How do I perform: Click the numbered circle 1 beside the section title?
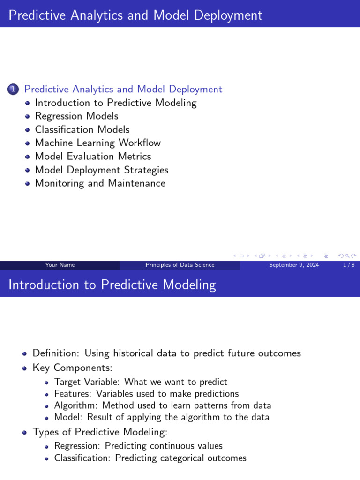(x=13, y=90)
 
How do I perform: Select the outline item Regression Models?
(x=76, y=116)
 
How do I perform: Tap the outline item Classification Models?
(x=82, y=129)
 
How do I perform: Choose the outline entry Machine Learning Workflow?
(x=97, y=143)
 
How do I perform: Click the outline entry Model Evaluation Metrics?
(x=93, y=156)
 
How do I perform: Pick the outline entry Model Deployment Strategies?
(x=101, y=170)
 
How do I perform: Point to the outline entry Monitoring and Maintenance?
(x=100, y=183)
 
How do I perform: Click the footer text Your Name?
(x=60, y=265)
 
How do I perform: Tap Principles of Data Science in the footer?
(x=180, y=265)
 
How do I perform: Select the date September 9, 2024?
(x=294, y=265)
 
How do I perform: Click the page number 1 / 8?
(x=348, y=265)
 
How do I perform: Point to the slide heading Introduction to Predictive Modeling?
(x=112, y=285)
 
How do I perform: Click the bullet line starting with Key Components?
(x=72, y=368)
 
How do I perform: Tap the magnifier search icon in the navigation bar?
(x=347, y=255)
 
